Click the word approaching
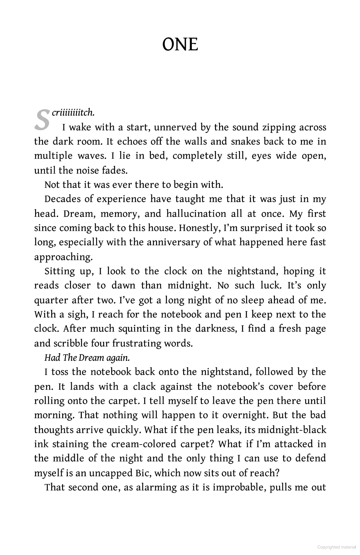click(63, 257)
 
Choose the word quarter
click(51, 300)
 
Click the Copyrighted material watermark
click(336, 547)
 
